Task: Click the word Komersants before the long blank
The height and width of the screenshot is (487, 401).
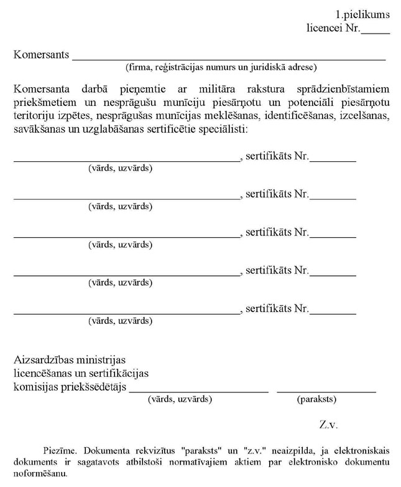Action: click(41, 54)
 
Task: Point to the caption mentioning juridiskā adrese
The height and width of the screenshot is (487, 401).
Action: click(221, 67)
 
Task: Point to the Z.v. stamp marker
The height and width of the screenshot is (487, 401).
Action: click(328, 425)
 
